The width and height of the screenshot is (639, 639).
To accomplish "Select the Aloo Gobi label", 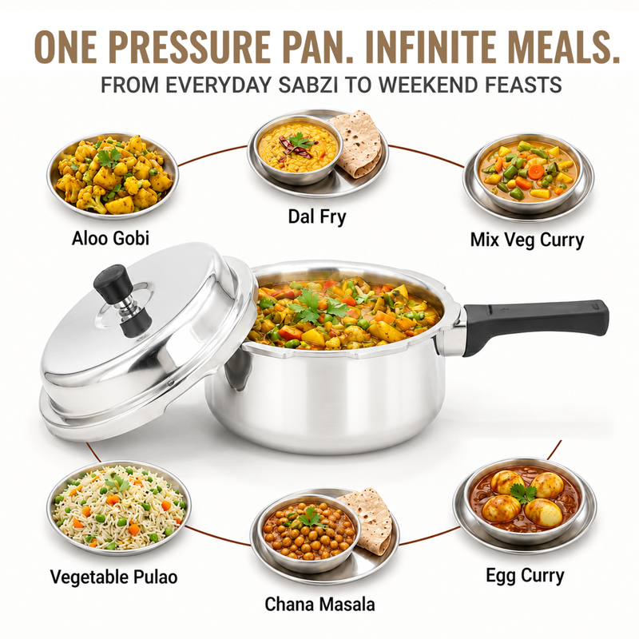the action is (x=110, y=238).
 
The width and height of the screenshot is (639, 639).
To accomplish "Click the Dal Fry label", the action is (x=317, y=216).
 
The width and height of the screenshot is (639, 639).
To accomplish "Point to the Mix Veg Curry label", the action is (x=527, y=240).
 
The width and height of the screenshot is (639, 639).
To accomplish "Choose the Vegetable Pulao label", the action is (x=113, y=577).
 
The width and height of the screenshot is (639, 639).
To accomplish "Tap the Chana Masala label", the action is (x=320, y=604).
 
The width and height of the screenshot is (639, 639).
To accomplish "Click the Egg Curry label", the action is (x=525, y=576).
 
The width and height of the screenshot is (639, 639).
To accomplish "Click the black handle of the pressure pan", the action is (x=536, y=324).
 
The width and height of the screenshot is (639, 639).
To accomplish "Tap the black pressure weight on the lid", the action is (x=120, y=300).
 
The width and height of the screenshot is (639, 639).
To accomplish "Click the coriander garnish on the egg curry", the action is (x=525, y=493).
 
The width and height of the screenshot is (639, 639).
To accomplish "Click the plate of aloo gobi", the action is (x=113, y=174).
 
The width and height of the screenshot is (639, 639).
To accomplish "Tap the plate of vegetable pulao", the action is (x=118, y=510).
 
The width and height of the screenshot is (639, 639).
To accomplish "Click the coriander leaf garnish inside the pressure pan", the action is (x=319, y=306).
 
